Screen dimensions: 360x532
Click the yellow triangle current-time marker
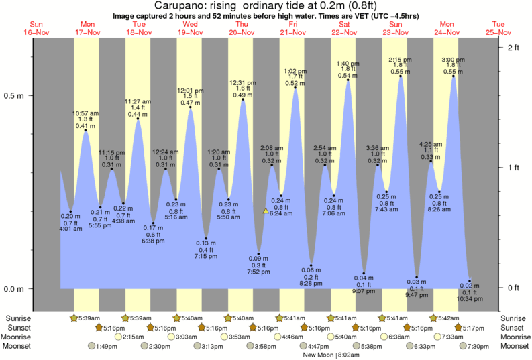pyautogui.click(x=266, y=211)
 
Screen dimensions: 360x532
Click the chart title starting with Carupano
pyautogui.click(x=266, y=6)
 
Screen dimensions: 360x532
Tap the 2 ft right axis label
pyautogui.click(x=513, y=47)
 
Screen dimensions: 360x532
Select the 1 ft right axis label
pyautogui.click(x=513, y=168)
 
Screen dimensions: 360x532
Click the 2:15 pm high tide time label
pyautogui.click(x=400, y=59)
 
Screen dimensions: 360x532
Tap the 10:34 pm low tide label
pyautogui.click(x=470, y=300)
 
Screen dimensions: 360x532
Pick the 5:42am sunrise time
pyautogui.click(x=447, y=318)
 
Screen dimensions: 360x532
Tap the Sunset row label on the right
pyautogui.click(x=513, y=327)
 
